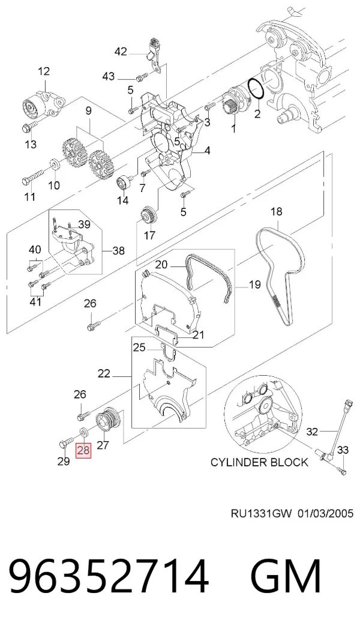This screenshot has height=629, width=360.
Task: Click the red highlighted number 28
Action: pos(84,450)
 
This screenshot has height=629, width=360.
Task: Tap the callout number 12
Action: pos(44,71)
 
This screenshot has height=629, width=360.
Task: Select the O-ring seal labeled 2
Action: pos(256,88)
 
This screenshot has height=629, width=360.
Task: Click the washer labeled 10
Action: pos(54,164)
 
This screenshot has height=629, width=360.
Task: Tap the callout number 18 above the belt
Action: pos(276,211)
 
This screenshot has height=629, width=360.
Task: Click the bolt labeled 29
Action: pos(66,443)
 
